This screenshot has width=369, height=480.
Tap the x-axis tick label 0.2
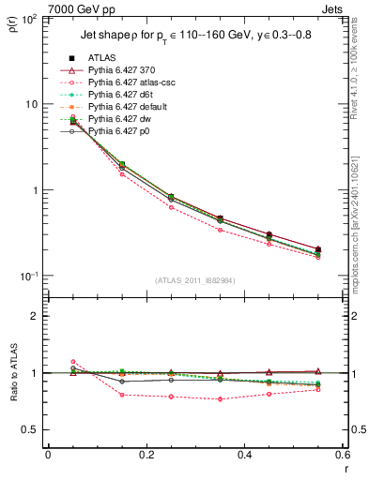pos(146,455)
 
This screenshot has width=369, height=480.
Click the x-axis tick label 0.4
pos(244,455)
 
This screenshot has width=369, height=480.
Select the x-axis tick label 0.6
pos(342,455)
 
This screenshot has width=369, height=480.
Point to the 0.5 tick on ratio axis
pos(35,429)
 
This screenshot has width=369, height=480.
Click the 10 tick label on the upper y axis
pos(33,104)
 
